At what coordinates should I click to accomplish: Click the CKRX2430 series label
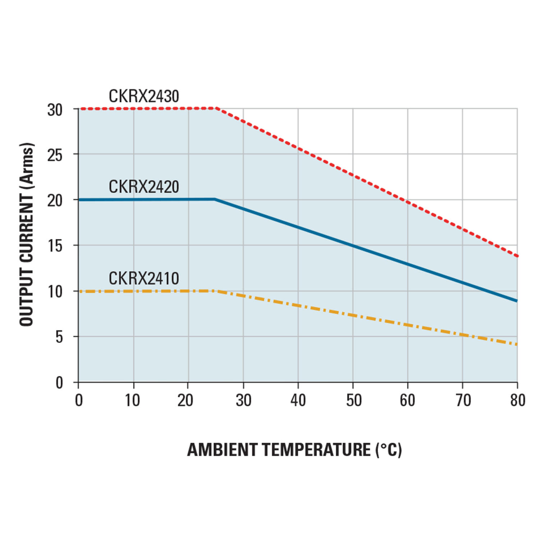[144, 96]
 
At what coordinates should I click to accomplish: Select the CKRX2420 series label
[144, 187]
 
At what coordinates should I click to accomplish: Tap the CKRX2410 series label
[144, 278]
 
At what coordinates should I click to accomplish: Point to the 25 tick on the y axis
[55, 155]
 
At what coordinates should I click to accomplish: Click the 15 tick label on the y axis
[55, 246]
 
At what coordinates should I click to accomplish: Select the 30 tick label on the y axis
[55, 110]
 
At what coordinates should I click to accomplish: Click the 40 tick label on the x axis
[298, 400]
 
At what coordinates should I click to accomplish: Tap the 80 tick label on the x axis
[517, 400]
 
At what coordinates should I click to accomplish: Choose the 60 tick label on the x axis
[407, 400]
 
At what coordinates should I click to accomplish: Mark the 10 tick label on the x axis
[133, 400]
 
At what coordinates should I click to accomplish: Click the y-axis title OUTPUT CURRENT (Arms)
[27, 234]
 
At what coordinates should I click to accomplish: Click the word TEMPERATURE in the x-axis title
[316, 450]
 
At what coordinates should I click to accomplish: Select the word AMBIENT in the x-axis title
[222, 450]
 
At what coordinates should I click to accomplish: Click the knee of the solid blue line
[215, 199]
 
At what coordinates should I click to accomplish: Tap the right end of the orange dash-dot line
[516, 344]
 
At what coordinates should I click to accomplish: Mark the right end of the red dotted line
[517, 256]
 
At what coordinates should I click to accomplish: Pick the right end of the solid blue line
[516, 301]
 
